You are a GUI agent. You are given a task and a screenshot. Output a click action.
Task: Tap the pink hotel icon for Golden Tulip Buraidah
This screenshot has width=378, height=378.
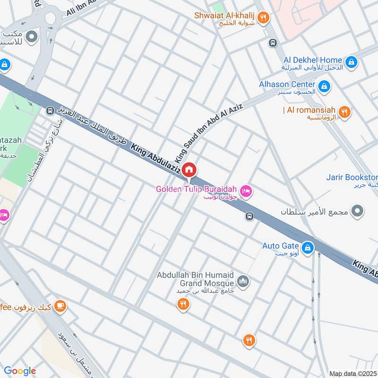click(x=246, y=191)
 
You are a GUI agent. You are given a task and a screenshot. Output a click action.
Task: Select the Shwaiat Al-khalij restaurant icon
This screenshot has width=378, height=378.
click(x=264, y=18)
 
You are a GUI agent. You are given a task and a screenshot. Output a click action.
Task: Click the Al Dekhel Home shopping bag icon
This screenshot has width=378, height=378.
click(x=351, y=61)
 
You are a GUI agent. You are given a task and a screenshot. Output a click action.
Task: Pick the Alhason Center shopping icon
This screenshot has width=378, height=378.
click(x=324, y=86)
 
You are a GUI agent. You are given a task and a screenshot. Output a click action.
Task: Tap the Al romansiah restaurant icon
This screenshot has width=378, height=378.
click(x=345, y=112)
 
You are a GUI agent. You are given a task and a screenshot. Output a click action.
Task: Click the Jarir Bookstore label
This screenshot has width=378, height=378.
click(x=352, y=178)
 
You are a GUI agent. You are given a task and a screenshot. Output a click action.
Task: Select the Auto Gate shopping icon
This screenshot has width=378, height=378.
click(x=308, y=247)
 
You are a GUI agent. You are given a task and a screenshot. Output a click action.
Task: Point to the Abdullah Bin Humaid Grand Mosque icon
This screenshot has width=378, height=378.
click(x=243, y=282)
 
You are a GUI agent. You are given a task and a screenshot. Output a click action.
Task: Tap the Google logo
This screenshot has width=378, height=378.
click(x=20, y=371)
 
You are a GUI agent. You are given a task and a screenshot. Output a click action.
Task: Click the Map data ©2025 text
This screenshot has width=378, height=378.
click(x=353, y=373)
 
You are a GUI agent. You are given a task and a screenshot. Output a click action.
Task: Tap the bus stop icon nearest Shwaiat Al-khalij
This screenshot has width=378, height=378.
click(x=273, y=43)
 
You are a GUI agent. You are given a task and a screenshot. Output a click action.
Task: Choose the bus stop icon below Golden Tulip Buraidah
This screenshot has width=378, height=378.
click(x=249, y=216)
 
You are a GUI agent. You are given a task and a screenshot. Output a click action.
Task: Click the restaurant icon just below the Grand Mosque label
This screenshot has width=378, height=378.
click(x=184, y=305)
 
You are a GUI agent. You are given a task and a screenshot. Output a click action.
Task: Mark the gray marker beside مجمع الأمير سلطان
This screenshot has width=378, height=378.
click(x=359, y=210)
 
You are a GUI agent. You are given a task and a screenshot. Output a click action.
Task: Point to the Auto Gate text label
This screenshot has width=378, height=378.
click(x=281, y=246)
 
